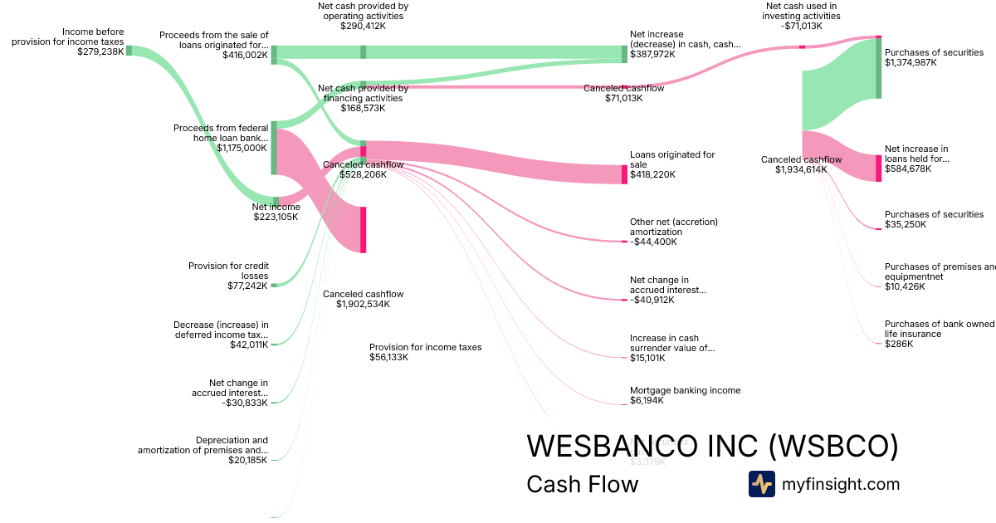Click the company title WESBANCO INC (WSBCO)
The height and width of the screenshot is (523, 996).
click(712, 446)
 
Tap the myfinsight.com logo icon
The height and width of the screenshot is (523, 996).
click(761, 484)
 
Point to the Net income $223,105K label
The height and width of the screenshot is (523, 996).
click(276, 212)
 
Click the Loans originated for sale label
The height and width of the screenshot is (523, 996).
click(671, 159)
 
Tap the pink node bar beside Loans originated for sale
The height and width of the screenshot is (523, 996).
click(624, 174)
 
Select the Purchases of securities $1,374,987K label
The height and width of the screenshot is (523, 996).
click(934, 57)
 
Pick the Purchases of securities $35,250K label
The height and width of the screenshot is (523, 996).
click(934, 219)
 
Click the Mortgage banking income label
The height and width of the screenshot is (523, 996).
click(685, 390)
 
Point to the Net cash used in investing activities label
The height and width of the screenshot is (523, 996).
click(803, 16)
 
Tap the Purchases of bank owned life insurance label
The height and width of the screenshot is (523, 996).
click(938, 329)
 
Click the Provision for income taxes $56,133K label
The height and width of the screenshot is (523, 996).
click(425, 352)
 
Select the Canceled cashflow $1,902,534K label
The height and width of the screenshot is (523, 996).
click(363, 299)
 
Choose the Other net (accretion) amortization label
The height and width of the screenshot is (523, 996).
click(673, 227)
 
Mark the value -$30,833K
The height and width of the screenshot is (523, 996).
click(245, 403)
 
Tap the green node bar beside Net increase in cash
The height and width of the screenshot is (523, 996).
click(624, 54)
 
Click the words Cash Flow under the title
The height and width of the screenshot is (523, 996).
click(582, 484)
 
